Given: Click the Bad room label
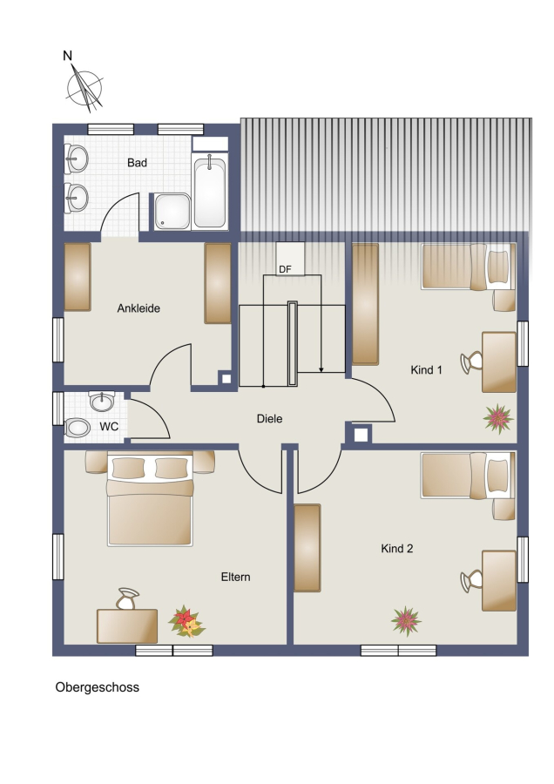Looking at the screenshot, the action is click(137, 163).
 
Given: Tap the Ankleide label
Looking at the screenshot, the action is click(138, 308).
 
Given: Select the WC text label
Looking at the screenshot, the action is click(109, 427).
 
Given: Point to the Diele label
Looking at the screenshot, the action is click(269, 419).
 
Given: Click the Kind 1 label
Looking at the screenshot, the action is click(426, 370).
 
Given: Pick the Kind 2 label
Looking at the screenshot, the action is click(397, 549).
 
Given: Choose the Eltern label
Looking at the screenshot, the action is click(235, 577).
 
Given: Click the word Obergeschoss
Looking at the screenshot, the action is click(97, 687).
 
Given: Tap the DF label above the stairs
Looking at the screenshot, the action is click(285, 269).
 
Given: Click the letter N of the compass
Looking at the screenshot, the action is click(67, 56).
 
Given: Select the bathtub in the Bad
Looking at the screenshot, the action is click(210, 192).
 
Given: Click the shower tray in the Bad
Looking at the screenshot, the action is click(172, 212).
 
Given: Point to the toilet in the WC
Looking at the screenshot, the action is click(77, 428).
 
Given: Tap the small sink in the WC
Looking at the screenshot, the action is click(102, 401).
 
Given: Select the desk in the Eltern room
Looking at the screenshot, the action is click(127, 626).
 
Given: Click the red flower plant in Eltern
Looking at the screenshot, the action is click(186, 622).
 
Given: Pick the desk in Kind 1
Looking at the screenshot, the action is click(499, 362).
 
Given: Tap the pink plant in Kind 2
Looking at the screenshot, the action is click(406, 621).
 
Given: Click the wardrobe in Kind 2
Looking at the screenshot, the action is click(307, 548).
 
